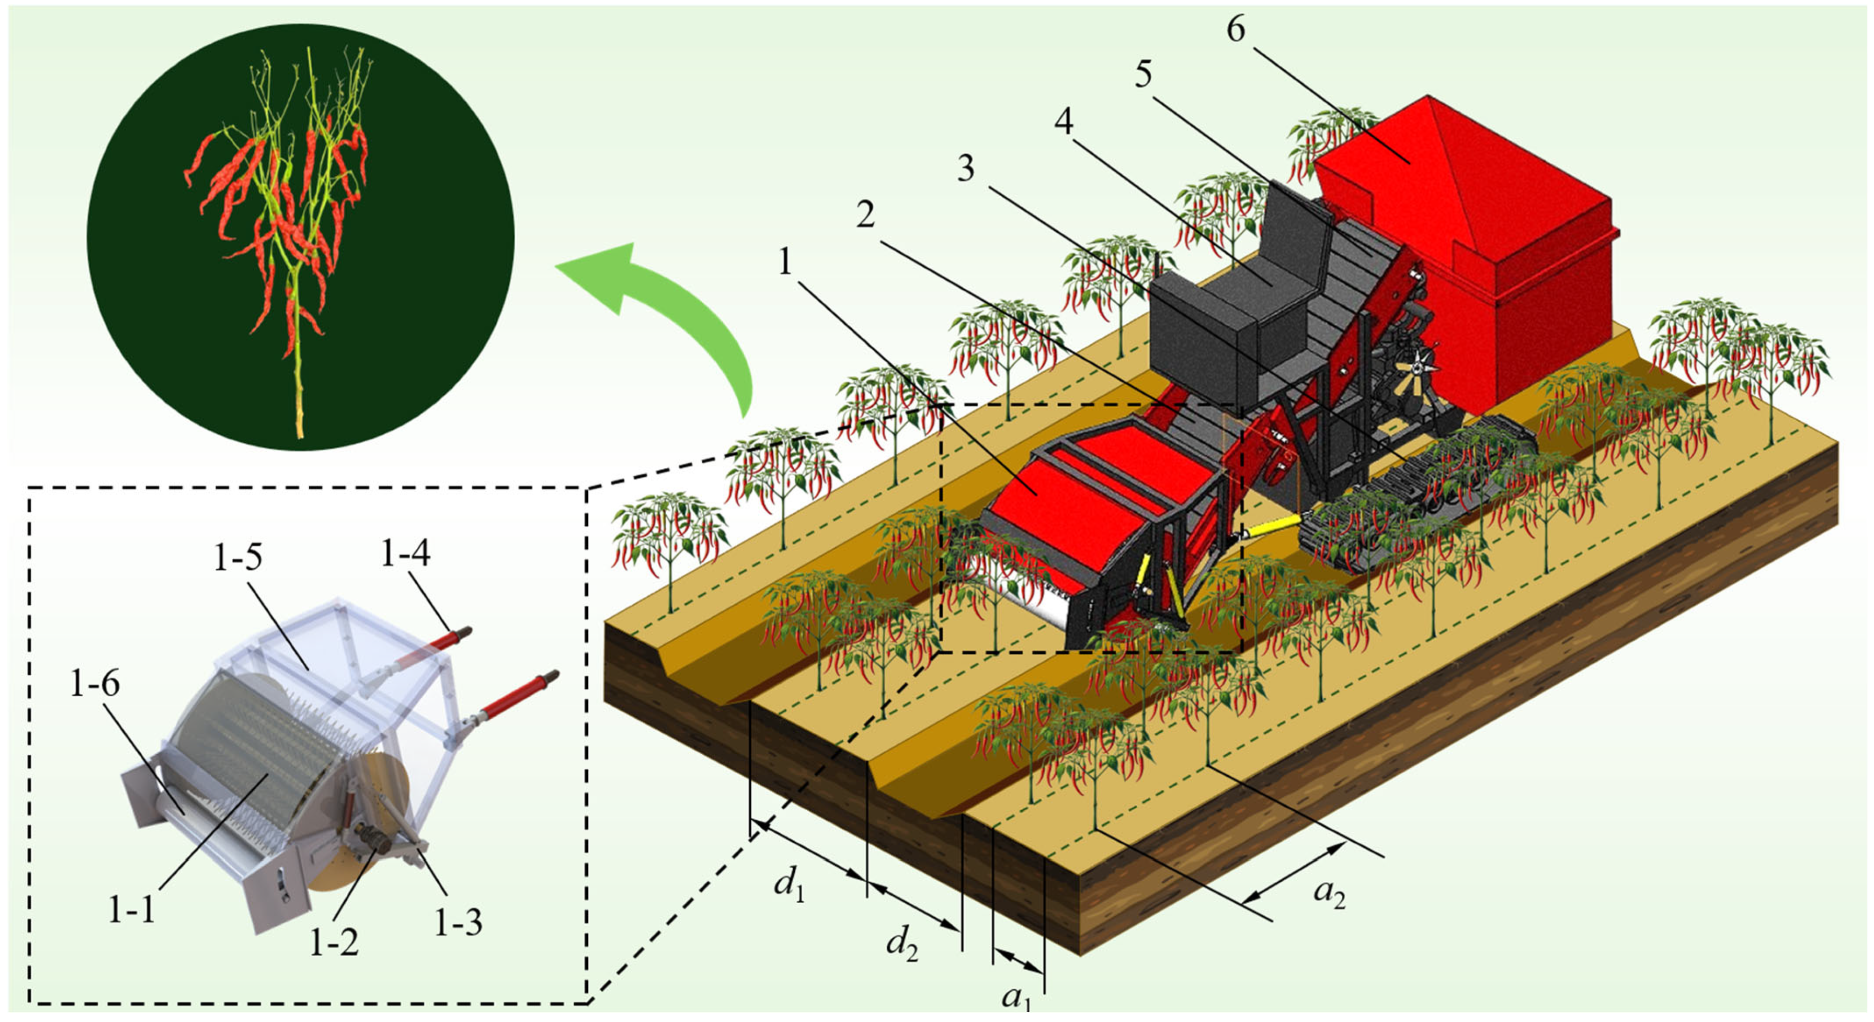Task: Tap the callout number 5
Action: [x=1143, y=74]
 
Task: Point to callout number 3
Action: [x=965, y=169]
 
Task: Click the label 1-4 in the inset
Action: [x=405, y=554]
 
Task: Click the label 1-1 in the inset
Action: [x=131, y=909]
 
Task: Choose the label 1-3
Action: [x=458, y=922]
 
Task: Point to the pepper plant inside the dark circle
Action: [x=291, y=233]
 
